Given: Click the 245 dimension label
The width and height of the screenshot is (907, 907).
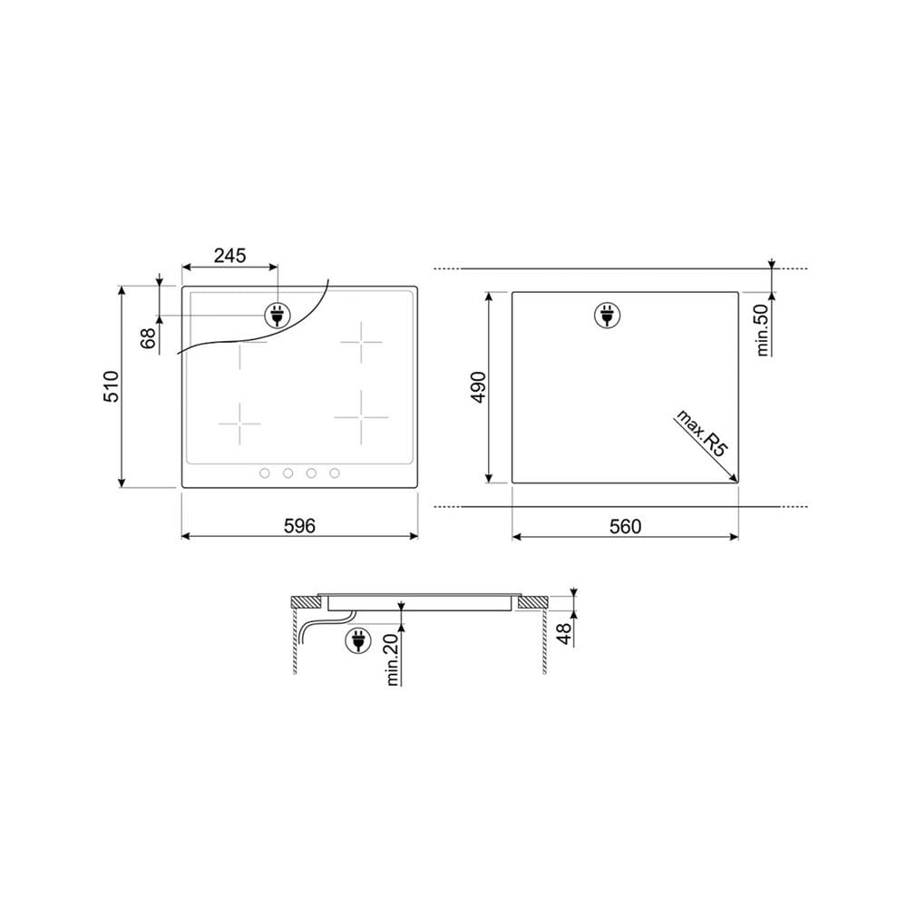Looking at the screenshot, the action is (x=229, y=255).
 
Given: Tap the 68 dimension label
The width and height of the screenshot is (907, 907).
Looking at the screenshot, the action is (x=148, y=337).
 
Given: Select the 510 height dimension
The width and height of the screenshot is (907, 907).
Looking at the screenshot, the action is (x=111, y=386).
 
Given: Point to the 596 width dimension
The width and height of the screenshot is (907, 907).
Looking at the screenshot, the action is (x=299, y=525).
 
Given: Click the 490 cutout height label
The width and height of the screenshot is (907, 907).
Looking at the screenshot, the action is (x=478, y=387).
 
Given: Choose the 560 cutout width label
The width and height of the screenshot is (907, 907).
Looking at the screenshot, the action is (x=625, y=526).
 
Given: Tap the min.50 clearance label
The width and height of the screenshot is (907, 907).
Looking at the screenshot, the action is (x=762, y=330).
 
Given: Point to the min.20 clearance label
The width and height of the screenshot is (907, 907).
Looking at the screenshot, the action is (x=392, y=660).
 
